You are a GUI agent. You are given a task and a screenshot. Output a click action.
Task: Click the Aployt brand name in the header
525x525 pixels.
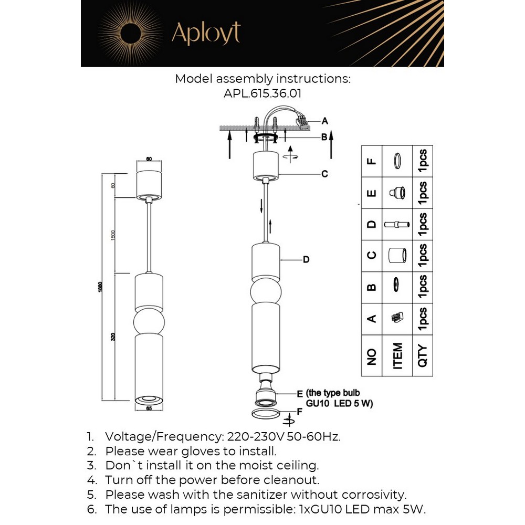pyautogui.click(x=205, y=34)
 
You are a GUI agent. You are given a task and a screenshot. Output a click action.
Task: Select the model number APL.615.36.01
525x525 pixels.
pyautogui.click(x=262, y=93)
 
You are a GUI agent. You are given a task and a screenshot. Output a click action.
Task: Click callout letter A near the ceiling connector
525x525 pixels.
pyautogui.click(x=325, y=121)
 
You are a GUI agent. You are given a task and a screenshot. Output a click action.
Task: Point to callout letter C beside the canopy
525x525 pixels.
pyautogui.click(x=324, y=174)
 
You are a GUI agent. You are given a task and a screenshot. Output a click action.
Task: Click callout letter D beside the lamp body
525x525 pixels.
pyautogui.click(x=306, y=259)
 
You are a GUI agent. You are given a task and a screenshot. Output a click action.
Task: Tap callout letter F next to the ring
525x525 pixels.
pyautogui.click(x=299, y=412)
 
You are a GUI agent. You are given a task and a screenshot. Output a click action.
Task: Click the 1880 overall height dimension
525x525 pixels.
pyautogui.click(x=100, y=288)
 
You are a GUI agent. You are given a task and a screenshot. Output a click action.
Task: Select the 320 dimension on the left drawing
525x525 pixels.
pyautogui.click(x=113, y=337)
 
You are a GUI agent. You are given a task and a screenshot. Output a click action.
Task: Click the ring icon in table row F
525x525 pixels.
pyautogui.click(x=397, y=161)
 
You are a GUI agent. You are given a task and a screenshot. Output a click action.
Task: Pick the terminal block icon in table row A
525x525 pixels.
pyautogui.click(x=397, y=318)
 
